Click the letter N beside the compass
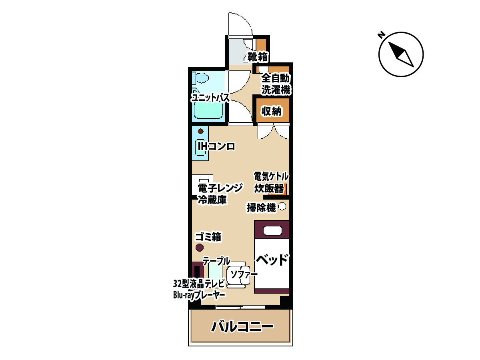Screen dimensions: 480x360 click(381, 35)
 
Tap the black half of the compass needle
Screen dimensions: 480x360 click(396, 50)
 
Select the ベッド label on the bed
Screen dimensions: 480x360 click(272, 260)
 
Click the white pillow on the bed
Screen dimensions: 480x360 click(272, 231)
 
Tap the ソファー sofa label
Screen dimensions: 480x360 click(244, 274)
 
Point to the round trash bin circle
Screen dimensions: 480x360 click(200, 248)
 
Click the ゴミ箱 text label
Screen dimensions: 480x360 click(208, 237)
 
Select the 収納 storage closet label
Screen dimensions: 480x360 click(272, 112)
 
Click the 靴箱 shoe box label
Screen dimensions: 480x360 click(258, 57)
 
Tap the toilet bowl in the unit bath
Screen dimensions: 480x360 click(202, 78)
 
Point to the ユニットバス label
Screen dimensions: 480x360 click(210, 98)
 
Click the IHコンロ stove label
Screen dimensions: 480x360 click(216, 146)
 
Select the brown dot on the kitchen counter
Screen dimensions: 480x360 click(201, 131)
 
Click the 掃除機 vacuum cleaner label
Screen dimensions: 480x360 click(261, 208)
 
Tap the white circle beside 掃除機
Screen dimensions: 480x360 click(282, 206)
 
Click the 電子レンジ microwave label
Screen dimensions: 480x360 click(220, 188)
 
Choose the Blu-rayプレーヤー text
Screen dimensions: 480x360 click(199, 295)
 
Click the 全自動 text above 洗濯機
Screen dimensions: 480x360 click(276, 78)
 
